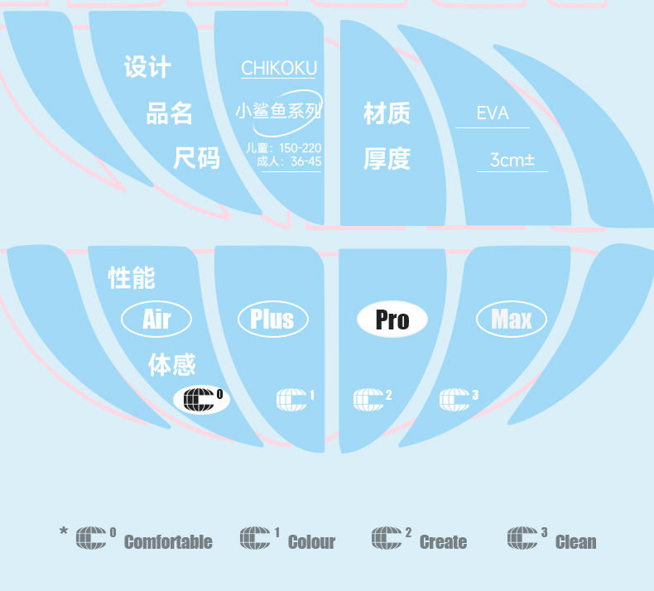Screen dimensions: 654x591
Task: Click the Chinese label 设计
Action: coord(147,67)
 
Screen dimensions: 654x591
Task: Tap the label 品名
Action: coord(170,113)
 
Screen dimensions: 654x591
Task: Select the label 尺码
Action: coord(196,157)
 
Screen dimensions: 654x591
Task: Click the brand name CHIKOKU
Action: coord(279,69)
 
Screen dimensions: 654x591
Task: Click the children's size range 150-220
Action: coord(300,147)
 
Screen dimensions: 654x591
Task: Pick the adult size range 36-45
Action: coord(305,161)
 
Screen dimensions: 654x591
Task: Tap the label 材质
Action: coord(387,113)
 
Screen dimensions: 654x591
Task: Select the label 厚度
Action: coord(387,159)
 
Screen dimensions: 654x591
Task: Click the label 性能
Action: coord(132,278)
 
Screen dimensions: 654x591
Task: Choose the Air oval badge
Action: coord(156,320)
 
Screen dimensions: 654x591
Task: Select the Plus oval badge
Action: coord(272,320)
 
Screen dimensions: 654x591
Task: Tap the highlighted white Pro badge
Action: coord(392,320)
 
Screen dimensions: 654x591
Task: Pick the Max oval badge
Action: coord(512,320)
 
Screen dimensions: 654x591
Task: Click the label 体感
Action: coord(172,364)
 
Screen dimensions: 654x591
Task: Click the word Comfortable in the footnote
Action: coord(168,542)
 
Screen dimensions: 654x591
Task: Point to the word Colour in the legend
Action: coord(311,542)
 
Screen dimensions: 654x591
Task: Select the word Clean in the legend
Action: coord(575,542)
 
